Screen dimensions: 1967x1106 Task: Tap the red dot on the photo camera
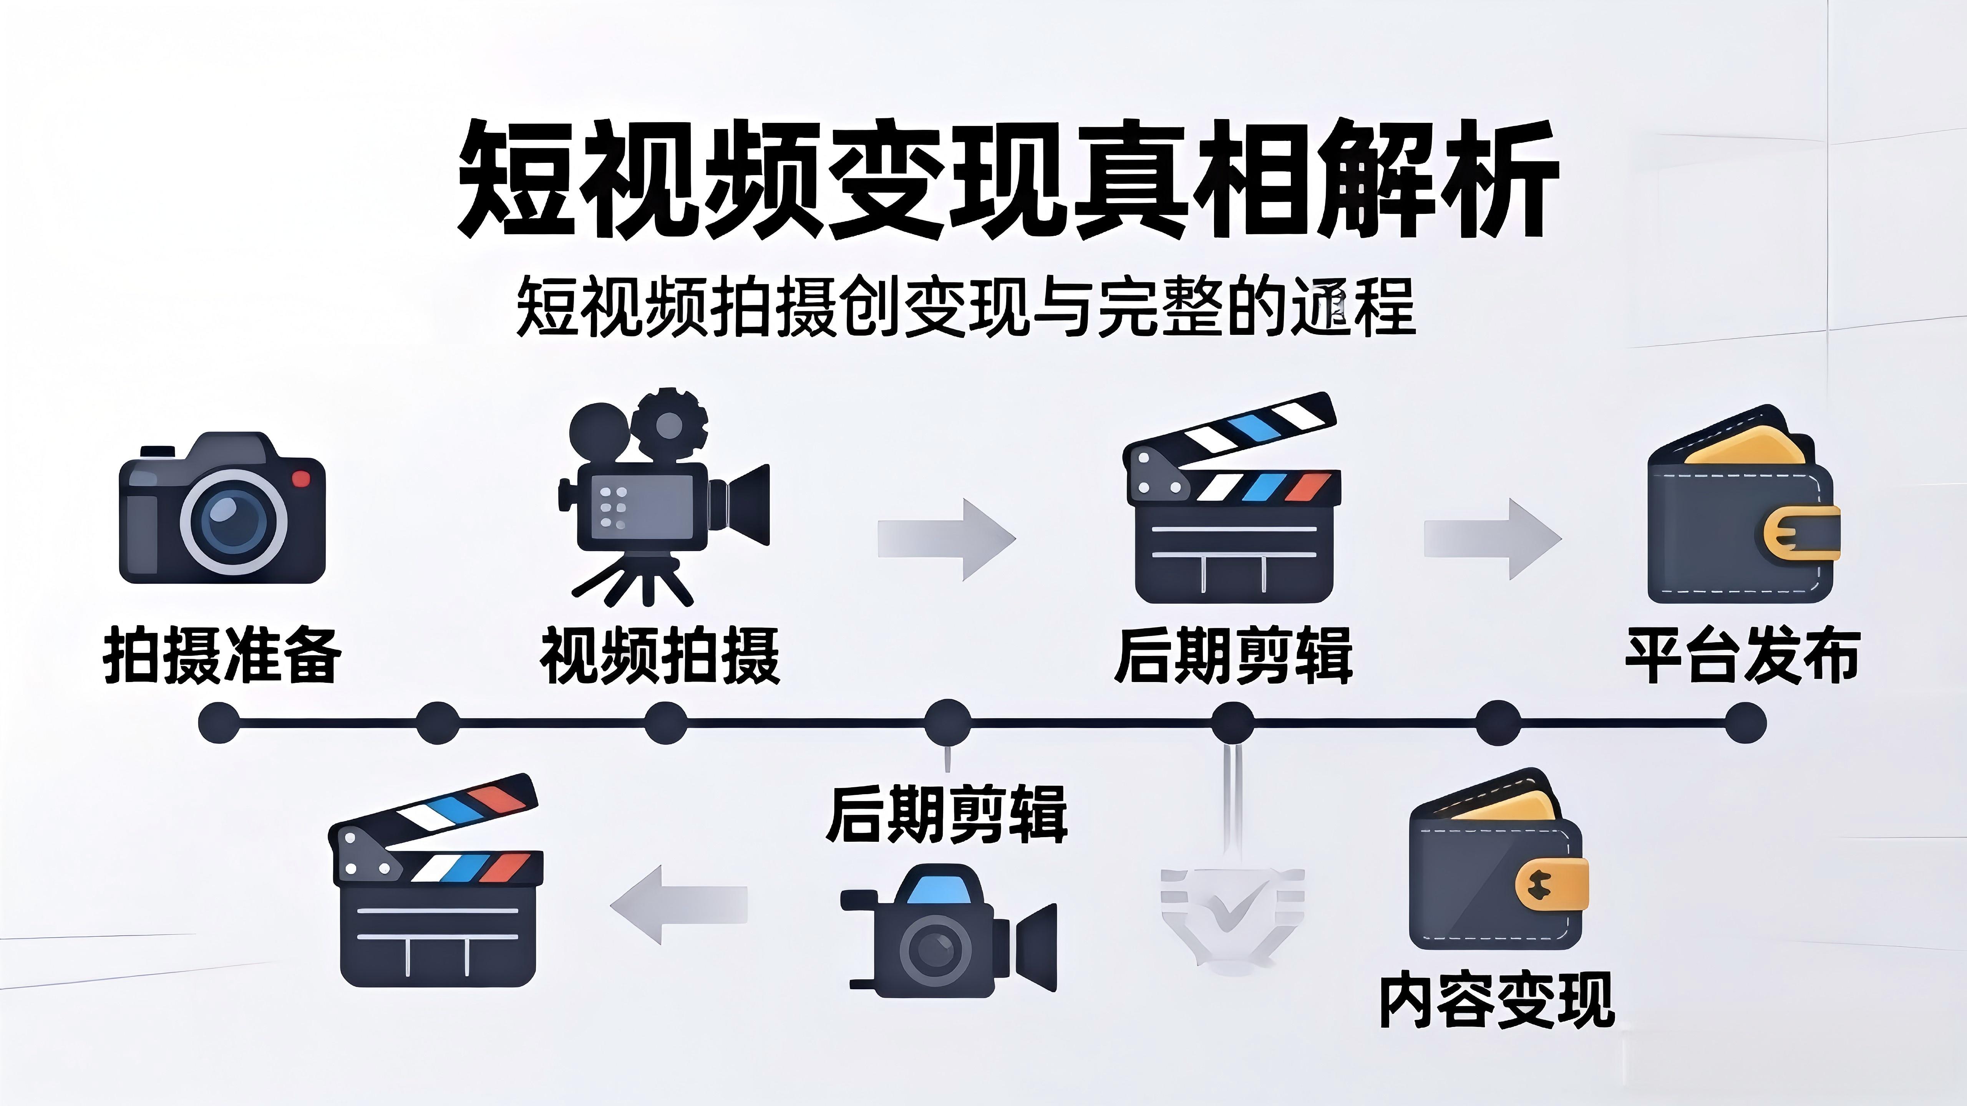tap(302, 478)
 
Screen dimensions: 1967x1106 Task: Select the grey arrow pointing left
tap(678, 904)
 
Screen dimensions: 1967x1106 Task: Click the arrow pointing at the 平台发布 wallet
tap(1493, 539)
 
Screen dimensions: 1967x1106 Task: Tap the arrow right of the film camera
tap(947, 539)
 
